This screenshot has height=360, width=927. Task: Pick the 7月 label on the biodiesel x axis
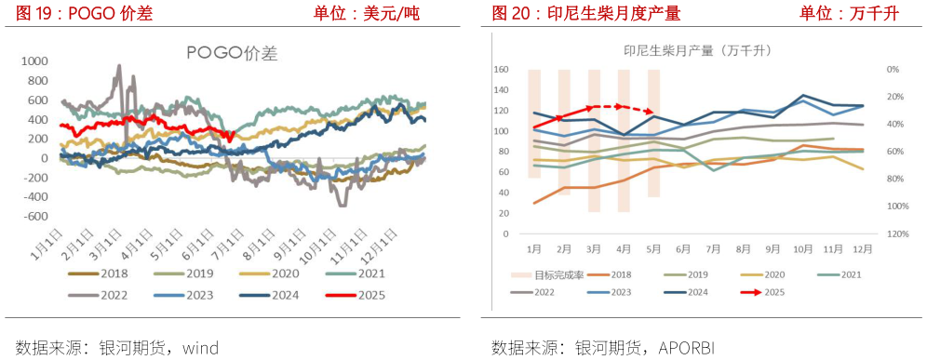713,249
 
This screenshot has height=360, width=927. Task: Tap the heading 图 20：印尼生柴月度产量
586,13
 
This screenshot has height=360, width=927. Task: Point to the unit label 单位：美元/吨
365,13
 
